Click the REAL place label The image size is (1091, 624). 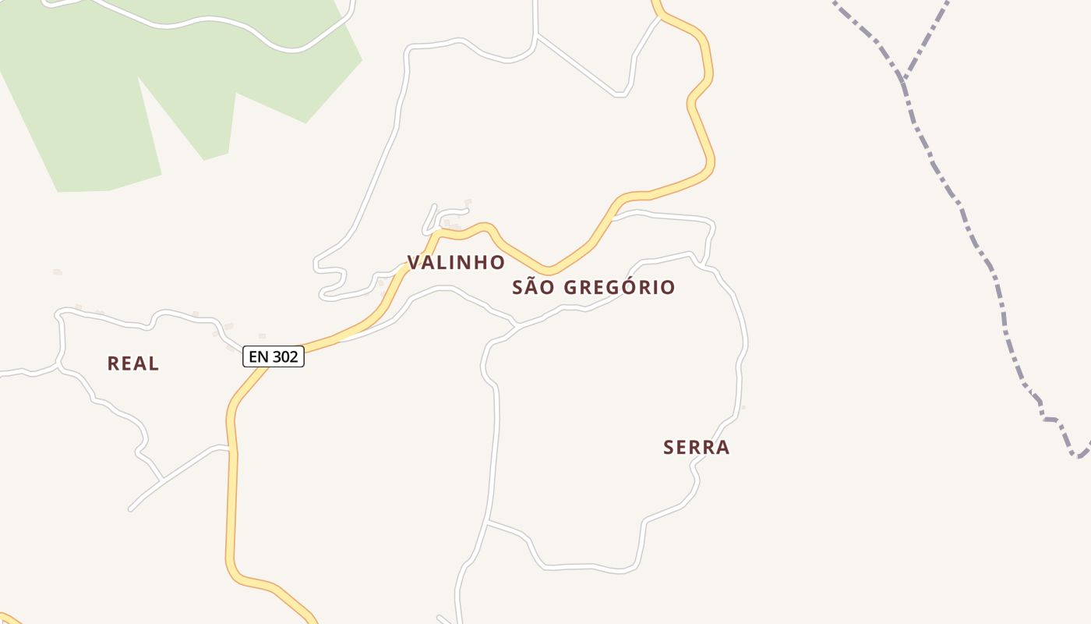pyautogui.click(x=133, y=363)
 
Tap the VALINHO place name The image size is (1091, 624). pyautogui.click(x=456, y=263)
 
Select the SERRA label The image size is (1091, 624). pyautogui.click(x=697, y=448)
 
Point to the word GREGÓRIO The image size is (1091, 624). pyautogui.click(x=619, y=288)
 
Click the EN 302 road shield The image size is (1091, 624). pyautogui.click(x=273, y=357)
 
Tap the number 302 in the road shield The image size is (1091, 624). pyautogui.click(x=285, y=357)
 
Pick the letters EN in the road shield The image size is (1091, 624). pyautogui.click(x=259, y=357)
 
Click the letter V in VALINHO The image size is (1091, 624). pyautogui.click(x=414, y=263)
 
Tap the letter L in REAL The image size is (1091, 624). pyautogui.click(x=154, y=363)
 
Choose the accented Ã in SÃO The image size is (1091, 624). pyautogui.click(x=532, y=287)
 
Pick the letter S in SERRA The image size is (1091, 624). pyautogui.click(x=669, y=448)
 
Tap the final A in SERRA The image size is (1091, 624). pyautogui.click(x=724, y=448)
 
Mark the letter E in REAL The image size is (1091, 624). pyautogui.click(x=127, y=363)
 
